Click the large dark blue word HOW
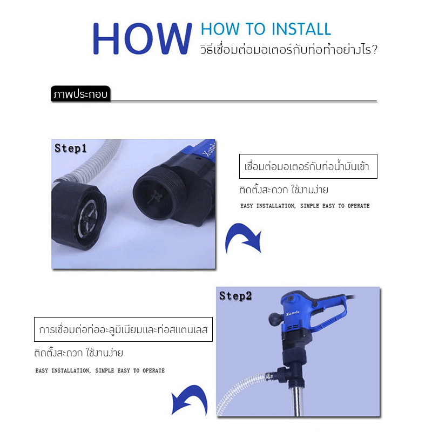[142, 38]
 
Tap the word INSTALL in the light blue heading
[301, 29]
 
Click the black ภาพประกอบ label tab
[80, 94]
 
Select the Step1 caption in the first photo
[71, 148]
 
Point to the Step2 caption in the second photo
[235, 296]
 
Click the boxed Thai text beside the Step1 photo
[308, 166]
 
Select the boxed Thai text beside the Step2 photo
[123, 329]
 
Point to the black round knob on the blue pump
[275, 319]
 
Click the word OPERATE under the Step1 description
[359, 206]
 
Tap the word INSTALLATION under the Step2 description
[71, 371]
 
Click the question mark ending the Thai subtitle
[374, 50]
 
